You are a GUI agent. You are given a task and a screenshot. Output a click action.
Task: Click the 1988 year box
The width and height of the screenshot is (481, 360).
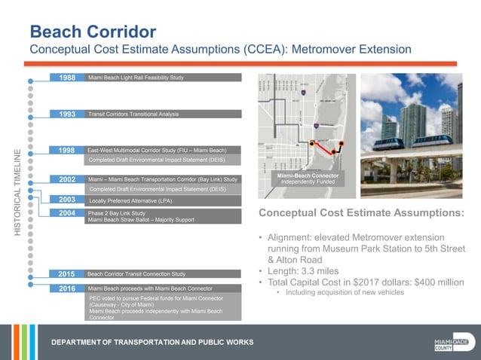(x=66, y=78)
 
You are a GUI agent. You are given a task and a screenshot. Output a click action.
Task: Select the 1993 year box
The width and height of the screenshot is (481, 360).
(x=66, y=114)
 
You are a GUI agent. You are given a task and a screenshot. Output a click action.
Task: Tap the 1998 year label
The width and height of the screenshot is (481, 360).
(x=66, y=151)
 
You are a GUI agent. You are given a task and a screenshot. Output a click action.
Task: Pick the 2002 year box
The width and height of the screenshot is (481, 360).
(x=66, y=180)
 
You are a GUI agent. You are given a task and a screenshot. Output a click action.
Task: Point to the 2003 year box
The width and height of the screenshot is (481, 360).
(x=66, y=201)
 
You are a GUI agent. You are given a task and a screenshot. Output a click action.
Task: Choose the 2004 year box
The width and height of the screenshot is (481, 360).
(x=66, y=214)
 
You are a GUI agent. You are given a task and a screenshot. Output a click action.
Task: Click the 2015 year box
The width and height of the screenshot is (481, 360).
(x=66, y=273)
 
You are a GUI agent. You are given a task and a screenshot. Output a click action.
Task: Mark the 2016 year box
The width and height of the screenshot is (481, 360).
(x=66, y=288)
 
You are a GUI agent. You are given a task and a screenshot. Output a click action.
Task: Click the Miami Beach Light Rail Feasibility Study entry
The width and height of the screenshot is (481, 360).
(x=136, y=78)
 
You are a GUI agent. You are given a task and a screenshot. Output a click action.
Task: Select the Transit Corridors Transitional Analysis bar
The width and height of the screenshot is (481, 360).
(x=133, y=114)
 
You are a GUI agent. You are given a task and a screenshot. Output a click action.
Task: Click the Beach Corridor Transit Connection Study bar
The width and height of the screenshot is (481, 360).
(x=136, y=273)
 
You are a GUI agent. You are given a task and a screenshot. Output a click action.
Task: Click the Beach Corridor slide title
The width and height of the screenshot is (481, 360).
(x=93, y=32)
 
